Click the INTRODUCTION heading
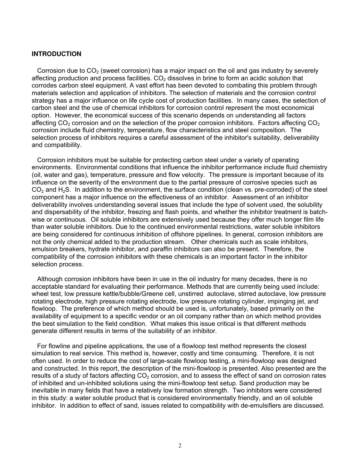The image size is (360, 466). tap(56, 54)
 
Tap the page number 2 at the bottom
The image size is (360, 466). tap(180, 446)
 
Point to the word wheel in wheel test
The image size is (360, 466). tap(40, 294)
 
